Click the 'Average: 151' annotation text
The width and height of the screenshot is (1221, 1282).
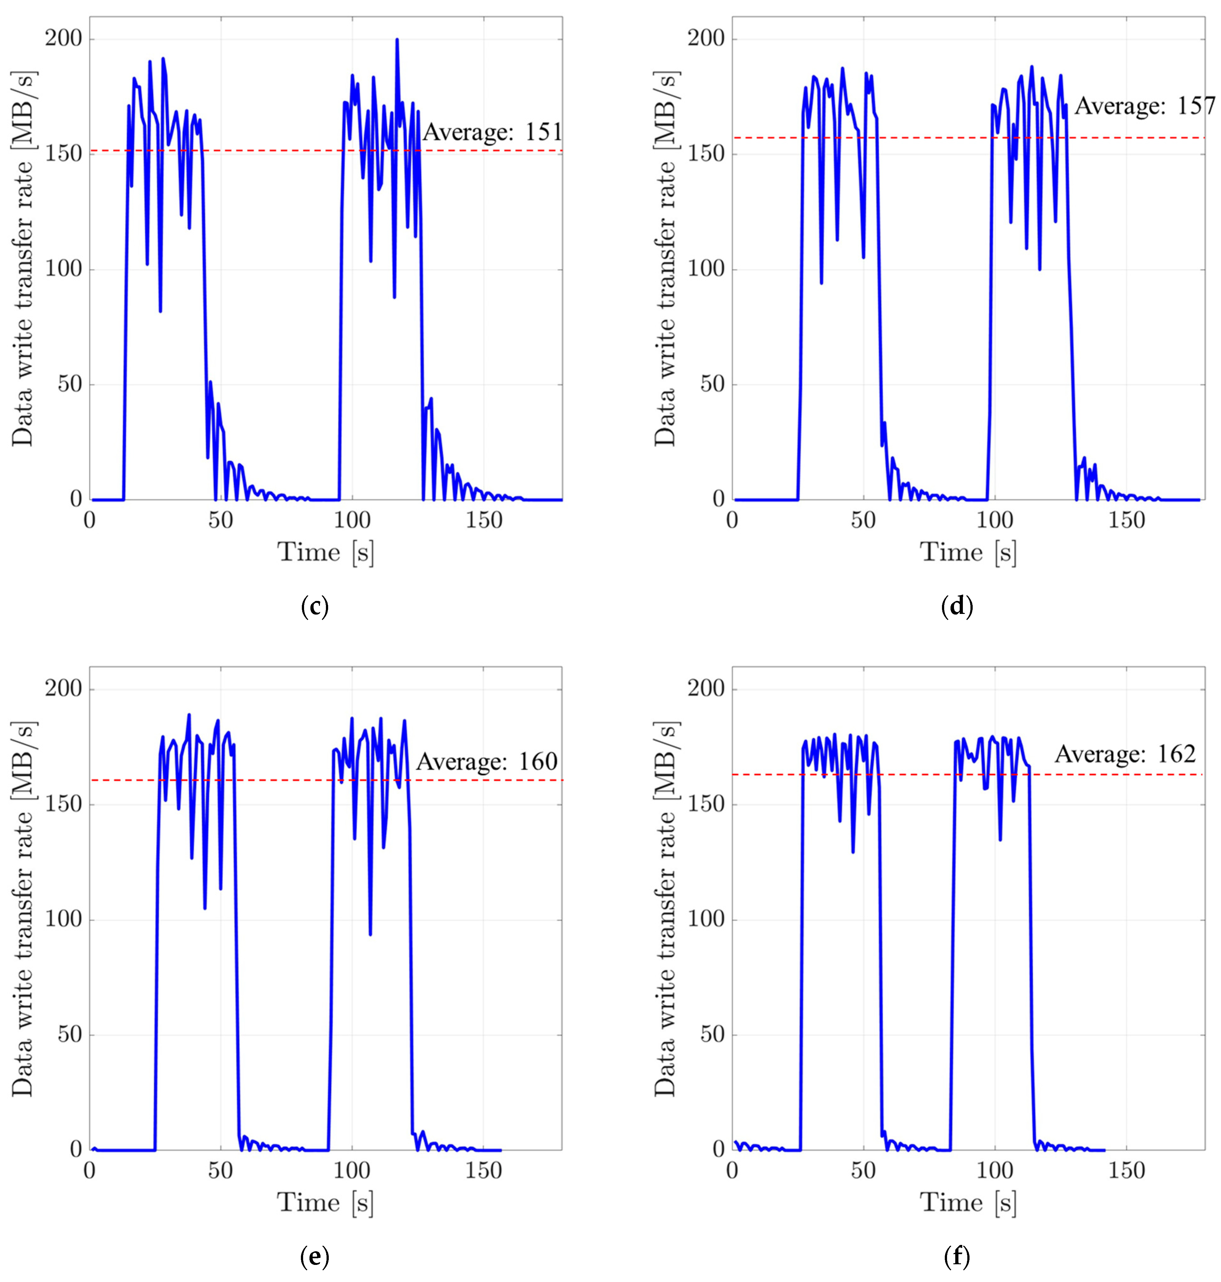click(492, 133)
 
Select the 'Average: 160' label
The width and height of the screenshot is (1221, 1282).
click(487, 762)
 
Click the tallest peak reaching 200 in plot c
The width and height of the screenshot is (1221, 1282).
click(396, 40)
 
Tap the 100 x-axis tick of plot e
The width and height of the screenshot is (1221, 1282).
click(352, 1171)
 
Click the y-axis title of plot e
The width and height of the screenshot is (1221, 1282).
click(23, 908)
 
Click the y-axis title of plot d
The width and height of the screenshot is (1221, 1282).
click(665, 258)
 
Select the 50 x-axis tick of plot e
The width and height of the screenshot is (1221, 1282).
click(221, 1171)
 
